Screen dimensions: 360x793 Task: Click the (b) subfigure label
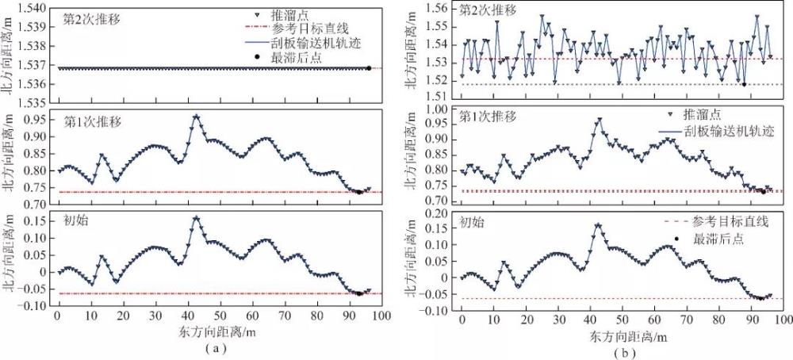(621, 347)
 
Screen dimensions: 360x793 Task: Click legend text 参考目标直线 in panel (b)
(730, 221)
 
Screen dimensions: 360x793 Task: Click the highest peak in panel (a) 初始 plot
(195, 217)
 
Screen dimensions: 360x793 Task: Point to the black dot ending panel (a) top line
(368, 68)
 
